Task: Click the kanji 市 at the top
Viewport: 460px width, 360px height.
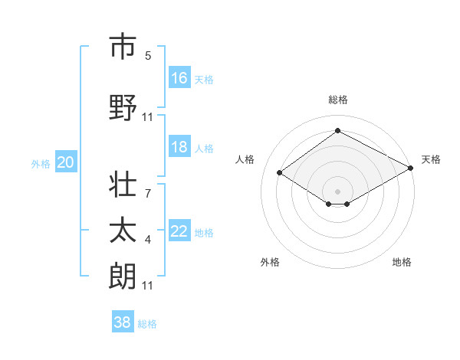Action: coord(122,47)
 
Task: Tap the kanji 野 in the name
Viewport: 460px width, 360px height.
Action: coord(122,108)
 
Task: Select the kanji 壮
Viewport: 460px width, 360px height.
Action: coord(122,185)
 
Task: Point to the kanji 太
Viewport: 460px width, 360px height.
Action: coord(122,231)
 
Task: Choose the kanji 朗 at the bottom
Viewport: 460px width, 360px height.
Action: coord(122,277)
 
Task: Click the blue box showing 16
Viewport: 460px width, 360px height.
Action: coord(179,77)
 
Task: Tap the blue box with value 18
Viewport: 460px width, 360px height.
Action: coord(179,147)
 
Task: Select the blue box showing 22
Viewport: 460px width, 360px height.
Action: coord(179,231)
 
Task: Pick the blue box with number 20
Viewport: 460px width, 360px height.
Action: coord(66,162)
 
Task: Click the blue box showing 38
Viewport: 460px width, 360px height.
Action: coord(123,322)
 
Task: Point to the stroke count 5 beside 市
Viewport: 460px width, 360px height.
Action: coord(148,56)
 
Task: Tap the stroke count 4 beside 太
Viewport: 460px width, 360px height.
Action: coord(148,240)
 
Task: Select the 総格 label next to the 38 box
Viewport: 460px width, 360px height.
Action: coord(147,324)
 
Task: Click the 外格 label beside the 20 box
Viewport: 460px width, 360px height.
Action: coord(41,163)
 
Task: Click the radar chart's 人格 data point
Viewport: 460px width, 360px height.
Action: coord(280,173)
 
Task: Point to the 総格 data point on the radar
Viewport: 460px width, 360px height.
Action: coord(337,131)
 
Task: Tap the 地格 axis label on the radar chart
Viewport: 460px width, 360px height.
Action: coord(402,262)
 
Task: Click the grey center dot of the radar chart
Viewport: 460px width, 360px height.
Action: coord(337,190)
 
